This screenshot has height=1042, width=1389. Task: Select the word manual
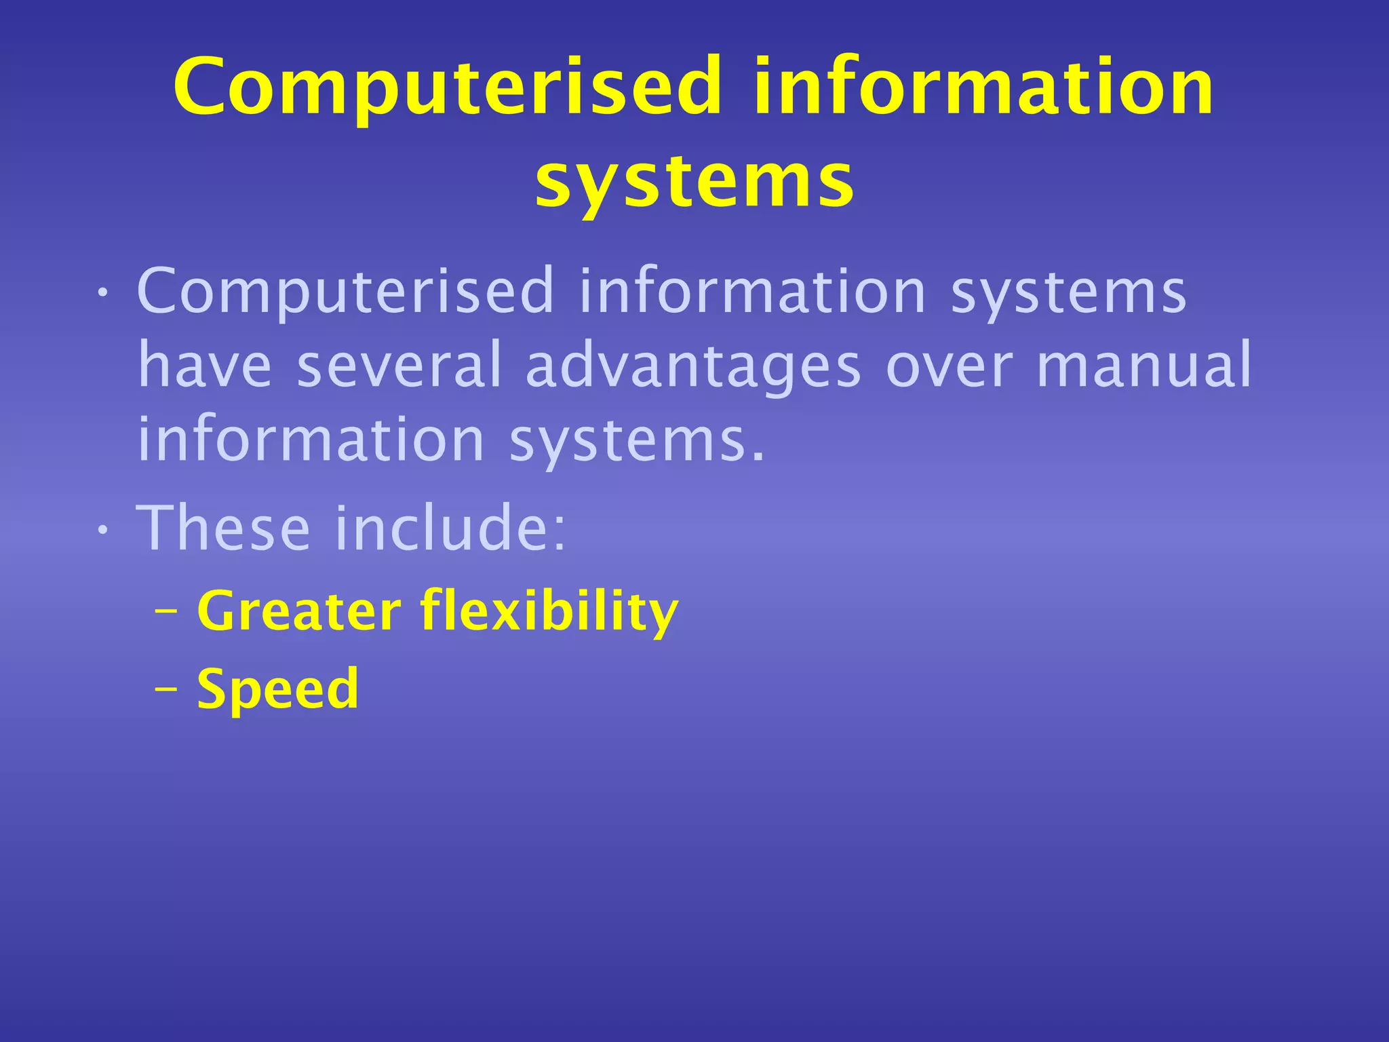coord(1143,366)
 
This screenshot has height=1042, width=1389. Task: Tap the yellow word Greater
coord(299,611)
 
